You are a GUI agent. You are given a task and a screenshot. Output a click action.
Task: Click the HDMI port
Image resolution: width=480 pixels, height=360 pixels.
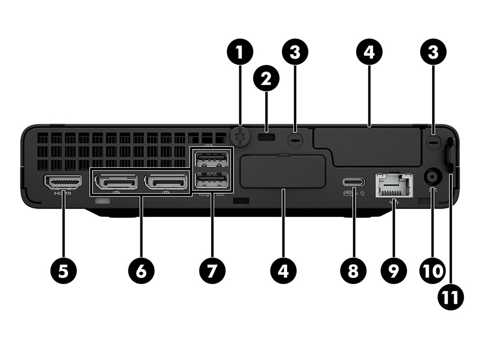(63, 182)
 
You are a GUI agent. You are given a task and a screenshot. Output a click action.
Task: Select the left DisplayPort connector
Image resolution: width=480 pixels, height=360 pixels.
(116, 182)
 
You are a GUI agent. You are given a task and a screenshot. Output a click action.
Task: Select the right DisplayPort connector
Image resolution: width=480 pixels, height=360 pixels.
(166, 182)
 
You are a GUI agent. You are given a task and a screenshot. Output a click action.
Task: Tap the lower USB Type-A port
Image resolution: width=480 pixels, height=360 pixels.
(211, 182)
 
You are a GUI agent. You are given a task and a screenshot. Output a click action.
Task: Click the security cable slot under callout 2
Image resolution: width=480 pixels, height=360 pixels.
(266, 139)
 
